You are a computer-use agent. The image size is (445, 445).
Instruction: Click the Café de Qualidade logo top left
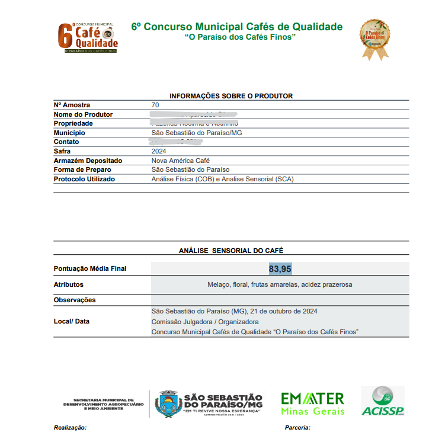[x=88, y=37]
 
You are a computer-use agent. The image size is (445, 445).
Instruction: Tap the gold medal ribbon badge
[x=376, y=39]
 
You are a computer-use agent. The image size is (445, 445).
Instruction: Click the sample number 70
[x=155, y=105]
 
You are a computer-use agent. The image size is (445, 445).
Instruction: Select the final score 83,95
[x=280, y=269]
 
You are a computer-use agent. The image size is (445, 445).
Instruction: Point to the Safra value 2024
[x=159, y=151]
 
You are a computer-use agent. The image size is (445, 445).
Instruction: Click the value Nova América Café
[x=181, y=161]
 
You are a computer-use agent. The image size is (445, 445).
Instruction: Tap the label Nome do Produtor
[x=83, y=114]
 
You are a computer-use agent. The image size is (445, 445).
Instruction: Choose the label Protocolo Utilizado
[x=84, y=179]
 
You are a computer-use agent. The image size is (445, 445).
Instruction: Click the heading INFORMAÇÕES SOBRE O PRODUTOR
[x=231, y=96]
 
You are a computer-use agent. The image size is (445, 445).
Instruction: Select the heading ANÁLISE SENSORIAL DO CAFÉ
[x=231, y=251]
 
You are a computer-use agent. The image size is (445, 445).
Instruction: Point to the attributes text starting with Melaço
[x=280, y=284]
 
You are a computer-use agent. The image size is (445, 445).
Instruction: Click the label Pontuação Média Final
[x=90, y=269]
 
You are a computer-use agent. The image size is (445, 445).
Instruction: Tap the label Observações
[x=75, y=300]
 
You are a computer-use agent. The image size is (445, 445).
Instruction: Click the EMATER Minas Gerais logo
[x=312, y=403]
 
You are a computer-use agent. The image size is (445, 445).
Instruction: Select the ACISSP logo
[x=383, y=401]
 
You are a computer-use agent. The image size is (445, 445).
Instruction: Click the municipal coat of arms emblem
[x=165, y=404]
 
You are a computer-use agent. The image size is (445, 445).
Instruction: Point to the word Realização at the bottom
[x=71, y=427]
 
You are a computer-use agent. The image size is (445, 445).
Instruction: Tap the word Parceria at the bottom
[x=297, y=427]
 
